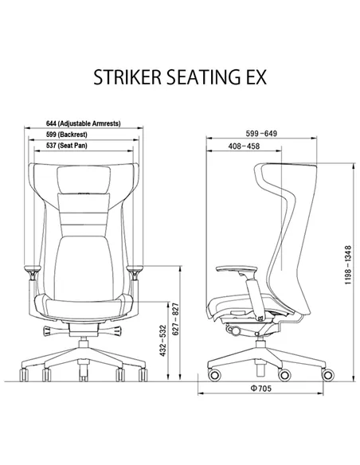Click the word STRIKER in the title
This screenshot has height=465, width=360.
click(127, 77)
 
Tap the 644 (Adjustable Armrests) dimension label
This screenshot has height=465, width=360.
click(84, 123)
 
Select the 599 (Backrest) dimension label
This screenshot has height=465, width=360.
click(67, 135)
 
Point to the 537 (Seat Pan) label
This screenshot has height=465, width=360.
click(67, 146)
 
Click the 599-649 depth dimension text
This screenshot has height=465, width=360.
click(261, 134)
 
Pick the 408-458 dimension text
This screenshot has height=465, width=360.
click(244, 147)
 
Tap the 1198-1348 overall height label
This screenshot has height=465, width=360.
click(348, 265)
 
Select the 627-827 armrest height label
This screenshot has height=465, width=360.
click(176, 319)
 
